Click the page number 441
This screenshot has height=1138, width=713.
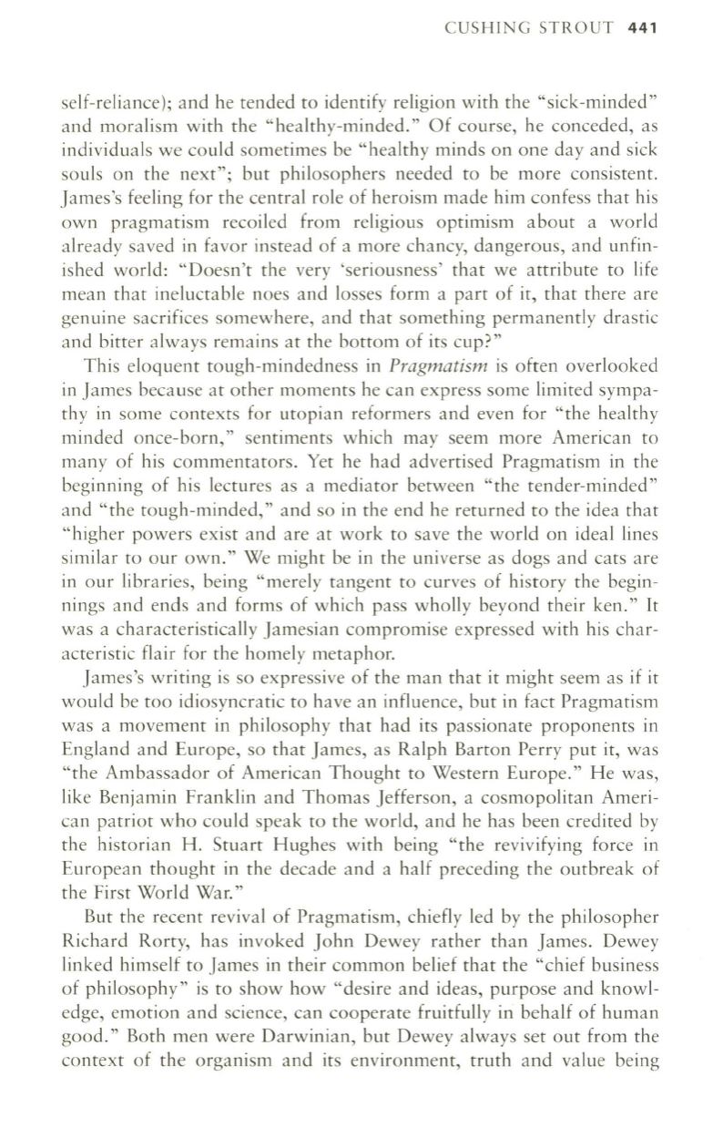point(642,27)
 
